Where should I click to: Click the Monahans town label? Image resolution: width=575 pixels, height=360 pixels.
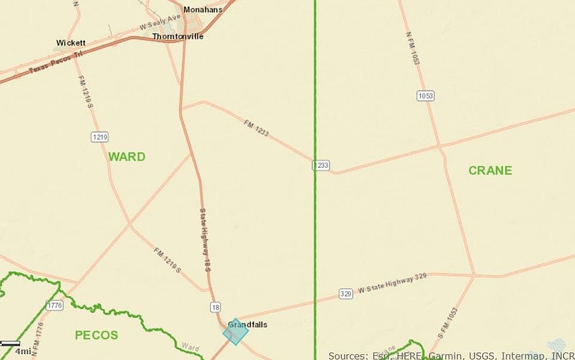(202, 10)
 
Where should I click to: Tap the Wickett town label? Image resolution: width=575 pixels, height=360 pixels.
(71, 43)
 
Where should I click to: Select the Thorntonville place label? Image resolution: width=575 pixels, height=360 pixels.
(177, 37)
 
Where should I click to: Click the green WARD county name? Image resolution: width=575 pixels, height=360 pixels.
(126, 157)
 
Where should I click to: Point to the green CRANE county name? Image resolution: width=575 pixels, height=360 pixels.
(490, 171)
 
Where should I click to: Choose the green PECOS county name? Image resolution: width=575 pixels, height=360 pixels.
(96, 335)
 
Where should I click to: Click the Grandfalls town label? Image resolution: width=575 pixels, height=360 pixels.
(248, 325)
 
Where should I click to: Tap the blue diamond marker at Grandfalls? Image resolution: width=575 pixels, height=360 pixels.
(235, 332)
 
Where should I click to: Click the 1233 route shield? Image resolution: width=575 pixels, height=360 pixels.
(321, 165)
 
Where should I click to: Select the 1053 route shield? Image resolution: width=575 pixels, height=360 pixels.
(426, 96)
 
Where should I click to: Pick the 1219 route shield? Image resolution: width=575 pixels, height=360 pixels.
(99, 137)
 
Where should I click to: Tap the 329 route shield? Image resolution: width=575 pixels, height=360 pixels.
(345, 294)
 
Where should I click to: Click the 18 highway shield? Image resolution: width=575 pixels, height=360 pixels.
(216, 307)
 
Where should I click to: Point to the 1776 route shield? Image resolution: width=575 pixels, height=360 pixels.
(54, 305)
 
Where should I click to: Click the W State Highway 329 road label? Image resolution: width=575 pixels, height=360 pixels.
(392, 288)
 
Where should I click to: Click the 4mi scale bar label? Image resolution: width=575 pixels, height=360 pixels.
(23, 351)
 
